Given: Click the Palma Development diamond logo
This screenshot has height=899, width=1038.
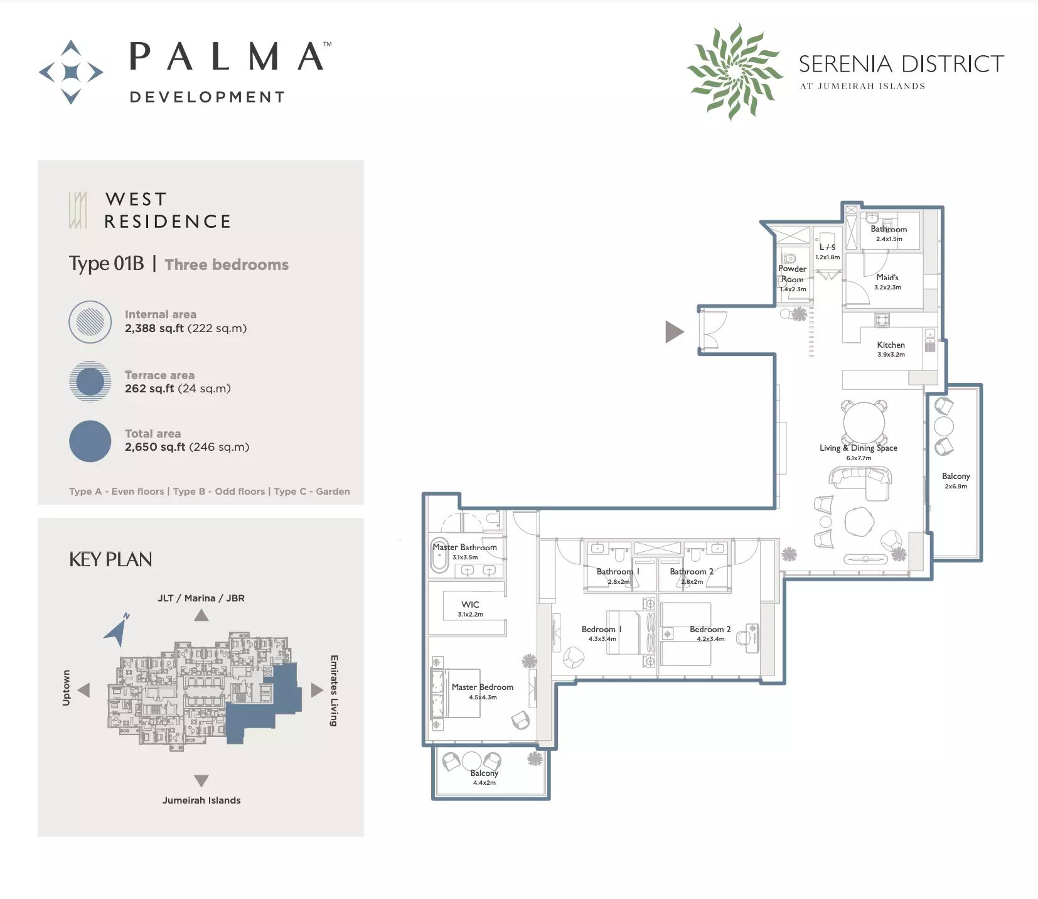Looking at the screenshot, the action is pyautogui.click(x=71, y=72).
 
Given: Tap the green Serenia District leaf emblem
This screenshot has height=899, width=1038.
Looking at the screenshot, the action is pyautogui.click(x=734, y=71).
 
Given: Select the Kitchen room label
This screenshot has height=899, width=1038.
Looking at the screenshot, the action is pyautogui.click(x=891, y=345).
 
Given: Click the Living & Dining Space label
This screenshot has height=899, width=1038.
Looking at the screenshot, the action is pyautogui.click(x=858, y=448).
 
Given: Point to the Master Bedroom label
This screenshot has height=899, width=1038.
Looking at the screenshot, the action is pyautogui.click(x=482, y=687).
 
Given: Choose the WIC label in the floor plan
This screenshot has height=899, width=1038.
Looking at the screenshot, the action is pyautogui.click(x=470, y=605).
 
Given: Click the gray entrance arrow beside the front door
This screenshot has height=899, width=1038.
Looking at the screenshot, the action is pyautogui.click(x=674, y=331).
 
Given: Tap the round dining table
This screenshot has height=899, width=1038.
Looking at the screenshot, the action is pyautogui.click(x=864, y=422).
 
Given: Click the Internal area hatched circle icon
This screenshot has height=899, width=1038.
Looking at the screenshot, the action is pyautogui.click(x=90, y=321).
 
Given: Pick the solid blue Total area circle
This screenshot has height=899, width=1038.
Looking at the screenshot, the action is pyautogui.click(x=90, y=441).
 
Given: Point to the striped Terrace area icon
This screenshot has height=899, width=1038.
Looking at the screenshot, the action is pyautogui.click(x=90, y=381).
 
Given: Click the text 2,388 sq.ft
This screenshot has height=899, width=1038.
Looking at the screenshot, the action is pyautogui.click(x=154, y=328).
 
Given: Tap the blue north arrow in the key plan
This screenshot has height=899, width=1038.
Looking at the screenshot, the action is pyautogui.click(x=117, y=630).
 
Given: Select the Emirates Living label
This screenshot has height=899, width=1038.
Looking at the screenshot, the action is pyautogui.click(x=334, y=691).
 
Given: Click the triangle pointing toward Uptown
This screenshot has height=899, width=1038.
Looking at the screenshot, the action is pyautogui.click(x=83, y=690).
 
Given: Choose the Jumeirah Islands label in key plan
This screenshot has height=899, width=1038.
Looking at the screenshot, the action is pyautogui.click(x=201, y=800).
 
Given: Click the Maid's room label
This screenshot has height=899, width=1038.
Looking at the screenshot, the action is pyautogui.click(x=887, y=277).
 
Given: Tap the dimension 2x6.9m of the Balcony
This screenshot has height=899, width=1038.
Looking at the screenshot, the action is pyautogui.click(x=956, y=486).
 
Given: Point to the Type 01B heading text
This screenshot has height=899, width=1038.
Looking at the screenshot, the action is pyautogui.click(x=106, y=263).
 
